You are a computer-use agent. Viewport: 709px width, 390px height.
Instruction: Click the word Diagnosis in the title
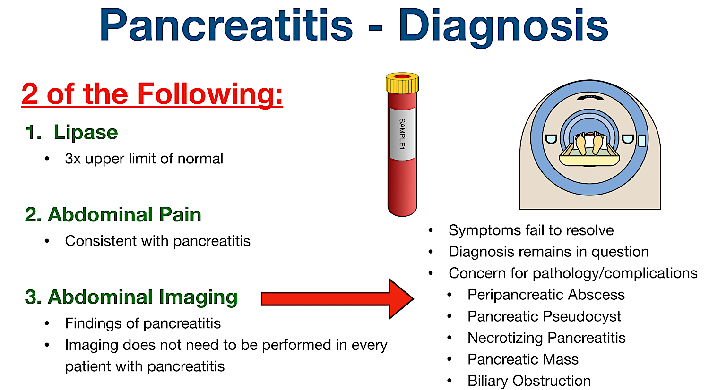point(503,26)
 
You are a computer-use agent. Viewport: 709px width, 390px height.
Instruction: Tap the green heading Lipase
point(86,132)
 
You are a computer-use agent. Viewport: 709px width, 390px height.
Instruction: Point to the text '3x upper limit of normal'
point(144,159)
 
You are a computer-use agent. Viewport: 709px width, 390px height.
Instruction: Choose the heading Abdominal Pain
point(113,215)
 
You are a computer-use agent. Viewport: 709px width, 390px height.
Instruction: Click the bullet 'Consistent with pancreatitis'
point(157,241)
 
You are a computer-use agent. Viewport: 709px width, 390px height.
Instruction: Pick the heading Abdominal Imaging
point(131,297)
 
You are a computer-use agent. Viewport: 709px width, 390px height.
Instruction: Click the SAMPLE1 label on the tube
point(402,134)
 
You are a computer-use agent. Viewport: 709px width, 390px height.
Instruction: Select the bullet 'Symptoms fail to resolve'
point(531,230)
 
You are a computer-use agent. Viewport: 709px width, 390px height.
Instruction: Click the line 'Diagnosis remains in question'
point(548,252)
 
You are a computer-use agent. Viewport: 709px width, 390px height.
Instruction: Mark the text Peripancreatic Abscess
point(546,295)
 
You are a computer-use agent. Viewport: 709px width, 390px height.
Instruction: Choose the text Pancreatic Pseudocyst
point(544,316)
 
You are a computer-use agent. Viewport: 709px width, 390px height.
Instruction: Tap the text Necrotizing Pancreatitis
point(546,338)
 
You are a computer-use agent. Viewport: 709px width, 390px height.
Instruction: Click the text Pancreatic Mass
point(523,359)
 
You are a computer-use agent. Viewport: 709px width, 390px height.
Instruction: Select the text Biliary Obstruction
point(529,381)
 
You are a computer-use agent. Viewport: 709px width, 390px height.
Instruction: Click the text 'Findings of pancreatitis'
point(143,323)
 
